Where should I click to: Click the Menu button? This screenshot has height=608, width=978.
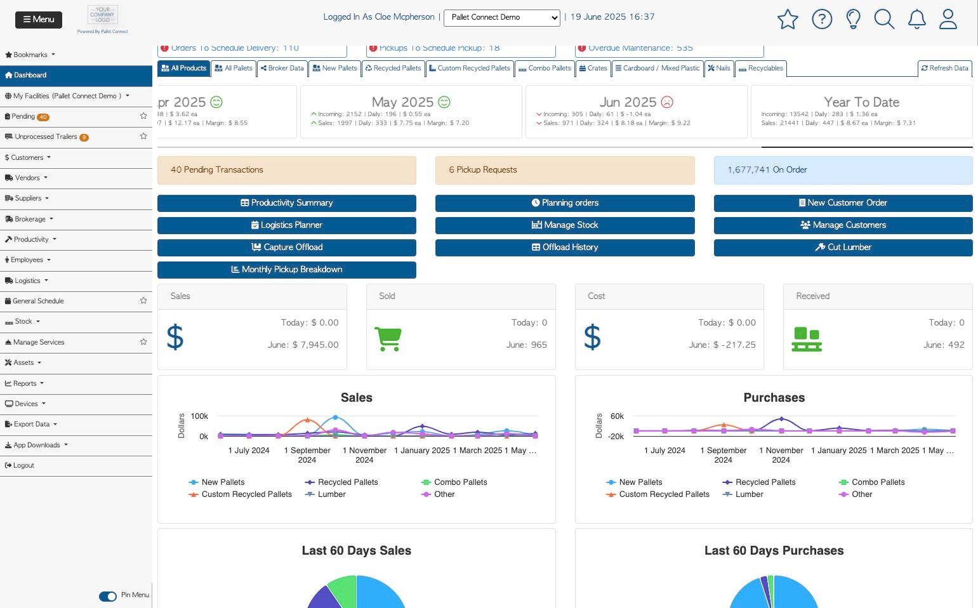[39, 20]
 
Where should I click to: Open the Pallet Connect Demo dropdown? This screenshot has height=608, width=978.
[501, 18]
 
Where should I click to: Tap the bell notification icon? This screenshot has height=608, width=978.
[916, 20]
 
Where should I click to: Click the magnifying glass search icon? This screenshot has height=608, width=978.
[884, 20]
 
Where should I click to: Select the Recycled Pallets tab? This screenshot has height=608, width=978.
[393, 69]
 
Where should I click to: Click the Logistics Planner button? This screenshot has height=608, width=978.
[286, 225]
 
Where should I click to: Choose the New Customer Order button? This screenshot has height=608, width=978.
[842, 203]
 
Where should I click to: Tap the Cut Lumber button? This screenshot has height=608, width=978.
[842, 248]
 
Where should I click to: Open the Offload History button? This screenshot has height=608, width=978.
[564, 248]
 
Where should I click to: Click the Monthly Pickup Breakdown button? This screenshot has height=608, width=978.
[286, 270]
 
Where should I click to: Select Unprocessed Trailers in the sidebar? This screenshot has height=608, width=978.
[46, 137]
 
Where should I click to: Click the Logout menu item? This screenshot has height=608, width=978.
[23, 466]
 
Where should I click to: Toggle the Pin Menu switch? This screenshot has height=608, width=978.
[108, 596]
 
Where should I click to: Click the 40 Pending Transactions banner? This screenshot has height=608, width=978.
[286, 170]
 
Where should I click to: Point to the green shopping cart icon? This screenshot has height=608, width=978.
[388, 338]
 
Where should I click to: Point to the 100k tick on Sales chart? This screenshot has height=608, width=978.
[199, 416]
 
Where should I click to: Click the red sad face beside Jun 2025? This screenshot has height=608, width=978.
[667, 102]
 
